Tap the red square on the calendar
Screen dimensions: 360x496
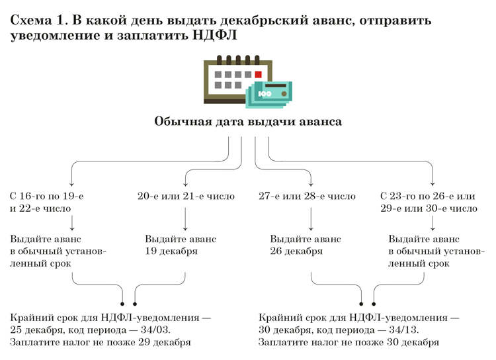[x=258, y=74]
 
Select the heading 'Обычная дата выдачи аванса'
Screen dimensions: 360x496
[x=248, y=122]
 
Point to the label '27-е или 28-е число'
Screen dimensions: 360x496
[x=307, y=196]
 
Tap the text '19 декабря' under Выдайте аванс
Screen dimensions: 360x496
[x=171, y=251]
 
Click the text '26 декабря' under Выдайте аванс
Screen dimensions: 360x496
[x=296, y=251]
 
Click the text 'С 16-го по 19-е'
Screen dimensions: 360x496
[x=46, y=196]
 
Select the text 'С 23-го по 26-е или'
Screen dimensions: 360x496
[x=428, y=196]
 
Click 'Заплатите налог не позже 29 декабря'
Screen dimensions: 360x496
[x=101, y=342]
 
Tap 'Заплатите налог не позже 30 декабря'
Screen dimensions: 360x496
[x=349, y=342]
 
